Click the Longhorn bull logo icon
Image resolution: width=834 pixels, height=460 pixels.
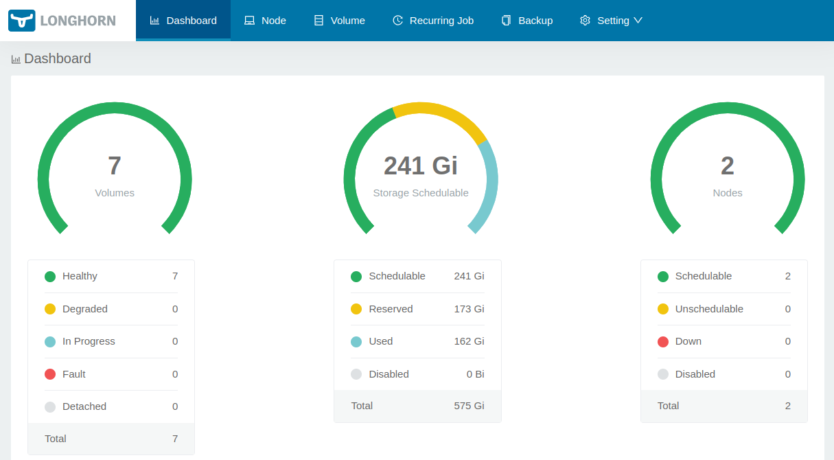pyautogui.click(x=21, y=21)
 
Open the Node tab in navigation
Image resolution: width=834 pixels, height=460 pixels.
pyautogui.click(x=265, y=21)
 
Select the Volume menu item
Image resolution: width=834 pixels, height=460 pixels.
pyautogui.click(x=339, y=21)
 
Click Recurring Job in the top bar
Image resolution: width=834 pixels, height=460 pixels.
pyautogui.click(x=433, y=21)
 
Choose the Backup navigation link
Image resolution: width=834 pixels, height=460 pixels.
pyautogui.click(x=527, y=21)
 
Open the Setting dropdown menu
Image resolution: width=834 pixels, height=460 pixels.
pyautogui.click(x=611, y=21)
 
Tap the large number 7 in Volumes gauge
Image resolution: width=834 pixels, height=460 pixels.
pyautogui.click(x=115, y=165)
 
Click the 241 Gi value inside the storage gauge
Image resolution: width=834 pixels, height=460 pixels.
pyautogui.click(x=420, y=165)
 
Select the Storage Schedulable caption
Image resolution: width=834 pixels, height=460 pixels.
pyautogui.click(x=421, y=193)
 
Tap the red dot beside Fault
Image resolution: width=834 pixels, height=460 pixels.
pyautogui.click(x=50, y=374)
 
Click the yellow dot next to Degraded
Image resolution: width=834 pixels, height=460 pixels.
pyautogui.click(x=50, y=309)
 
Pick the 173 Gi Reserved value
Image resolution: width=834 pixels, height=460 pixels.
pyautogui.click(x=469, y=309)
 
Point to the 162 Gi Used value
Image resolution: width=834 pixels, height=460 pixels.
pyautogui.click(x=469, y=341)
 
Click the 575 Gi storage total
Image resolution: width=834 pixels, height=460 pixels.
pyautogui.click(x=469, y=406)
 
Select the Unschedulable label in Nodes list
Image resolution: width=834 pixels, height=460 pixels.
pyautogui.click(x=709, y=309)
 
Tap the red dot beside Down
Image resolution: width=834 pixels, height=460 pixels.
pyautogui.click(x=663, y=341)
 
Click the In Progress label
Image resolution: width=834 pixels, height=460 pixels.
pyautogui.click(x=89, y=341)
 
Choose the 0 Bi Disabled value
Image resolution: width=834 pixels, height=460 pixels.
pyautogui.click(x=476, y=374)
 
